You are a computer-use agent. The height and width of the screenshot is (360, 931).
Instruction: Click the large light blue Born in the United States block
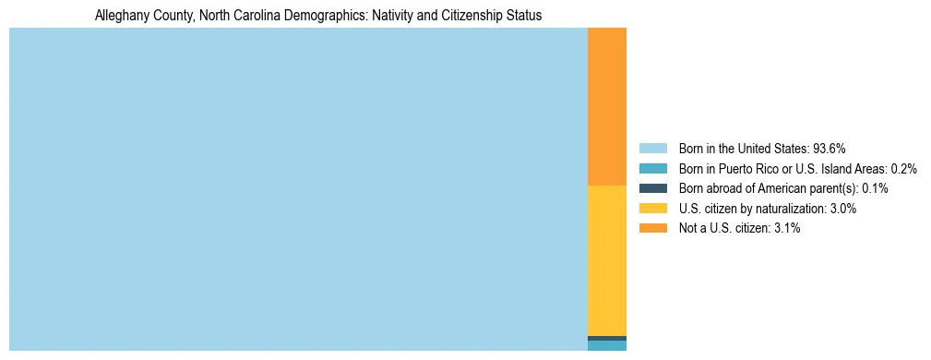(298, 189)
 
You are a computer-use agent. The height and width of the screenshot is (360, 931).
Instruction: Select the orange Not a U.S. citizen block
(606, 106)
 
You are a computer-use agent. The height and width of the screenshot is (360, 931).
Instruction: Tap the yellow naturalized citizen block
(606, 260)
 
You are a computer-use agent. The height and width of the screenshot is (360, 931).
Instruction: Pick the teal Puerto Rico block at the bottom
(606, 346)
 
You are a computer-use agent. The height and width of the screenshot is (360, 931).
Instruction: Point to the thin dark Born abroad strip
(606, 338)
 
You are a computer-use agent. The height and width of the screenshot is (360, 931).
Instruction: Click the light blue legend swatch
(652, 149)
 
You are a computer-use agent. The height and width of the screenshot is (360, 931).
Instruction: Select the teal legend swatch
(652, 169)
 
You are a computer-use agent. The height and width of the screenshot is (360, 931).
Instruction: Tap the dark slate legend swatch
(652, 188)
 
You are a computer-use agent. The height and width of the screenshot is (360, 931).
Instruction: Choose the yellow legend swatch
(652, 209)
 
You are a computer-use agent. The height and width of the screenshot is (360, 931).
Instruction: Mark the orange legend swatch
(652, 228)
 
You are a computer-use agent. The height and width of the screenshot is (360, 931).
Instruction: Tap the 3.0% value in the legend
(842, 209)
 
